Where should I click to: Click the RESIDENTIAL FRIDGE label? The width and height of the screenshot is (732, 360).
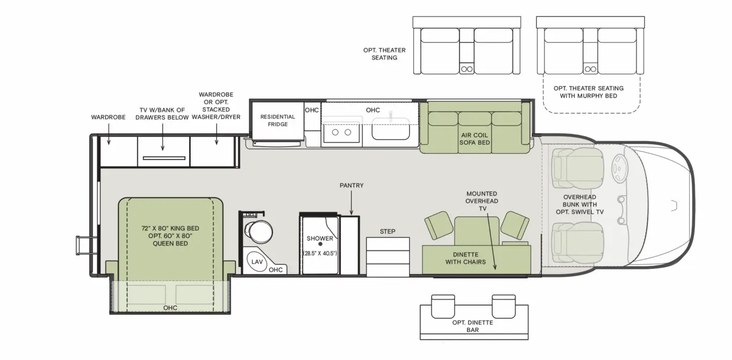tap(278, 120)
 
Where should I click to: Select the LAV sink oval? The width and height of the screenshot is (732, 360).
tap(257, 262)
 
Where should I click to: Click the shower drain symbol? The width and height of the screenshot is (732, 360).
tap(320, 244)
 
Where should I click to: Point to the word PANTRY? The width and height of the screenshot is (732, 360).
tap(351, 186)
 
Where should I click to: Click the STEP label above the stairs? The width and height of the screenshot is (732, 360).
tap(387, 231)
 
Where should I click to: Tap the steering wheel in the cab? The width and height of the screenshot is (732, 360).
tap(619, 167)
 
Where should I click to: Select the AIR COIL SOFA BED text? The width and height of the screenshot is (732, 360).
tap(474, 139)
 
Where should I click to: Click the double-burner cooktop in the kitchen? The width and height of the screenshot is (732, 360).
tap(341, 132)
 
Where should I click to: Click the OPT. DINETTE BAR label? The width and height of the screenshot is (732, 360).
tap(473, 326)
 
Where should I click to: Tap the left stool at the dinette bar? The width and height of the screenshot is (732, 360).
tap(443, 306)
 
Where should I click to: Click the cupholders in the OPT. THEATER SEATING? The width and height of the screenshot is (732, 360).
tap(467, 69)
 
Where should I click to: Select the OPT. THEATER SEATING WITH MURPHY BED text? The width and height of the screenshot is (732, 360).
tap(589, 92)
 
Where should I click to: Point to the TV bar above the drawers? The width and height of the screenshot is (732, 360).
tap(163, 157)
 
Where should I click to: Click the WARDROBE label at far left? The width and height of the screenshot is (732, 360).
tap(108, 117)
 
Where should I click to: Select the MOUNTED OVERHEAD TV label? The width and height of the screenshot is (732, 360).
tap(482, 200)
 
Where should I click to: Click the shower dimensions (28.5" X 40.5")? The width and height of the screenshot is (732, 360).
tap(320, 253)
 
